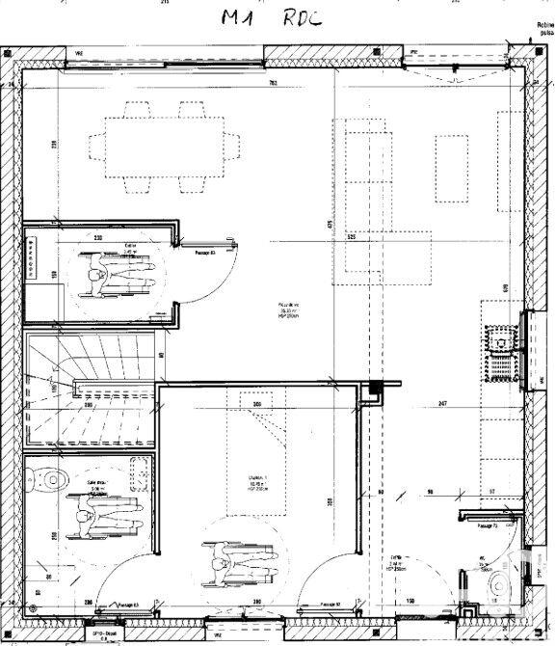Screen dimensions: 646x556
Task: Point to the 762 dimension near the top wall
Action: (273, 84)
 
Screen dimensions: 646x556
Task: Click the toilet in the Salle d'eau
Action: (48, 473)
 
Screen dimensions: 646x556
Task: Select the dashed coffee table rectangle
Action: (451, 169)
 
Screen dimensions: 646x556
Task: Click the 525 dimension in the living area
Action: (353, 237)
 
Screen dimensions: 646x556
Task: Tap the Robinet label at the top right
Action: (543, 26)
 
